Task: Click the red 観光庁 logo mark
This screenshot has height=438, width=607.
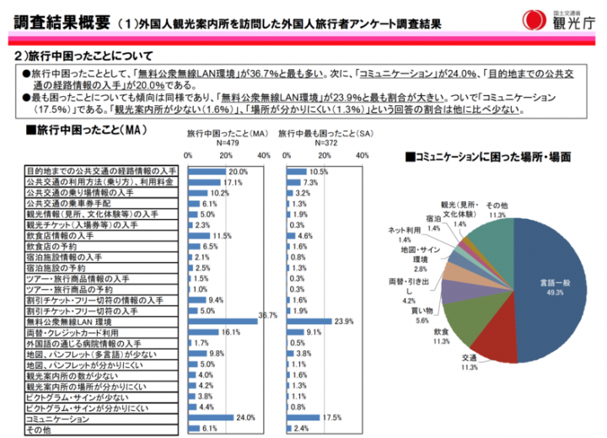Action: tap(533, 19)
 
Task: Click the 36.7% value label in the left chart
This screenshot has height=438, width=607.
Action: tap(267, 315)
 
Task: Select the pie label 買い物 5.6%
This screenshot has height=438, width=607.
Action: tap(422, 314)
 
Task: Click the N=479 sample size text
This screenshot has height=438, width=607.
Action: tap(229, 143)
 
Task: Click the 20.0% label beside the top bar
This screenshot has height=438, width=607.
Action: tap(239, 171)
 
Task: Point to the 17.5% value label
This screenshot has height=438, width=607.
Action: tap(335, 419)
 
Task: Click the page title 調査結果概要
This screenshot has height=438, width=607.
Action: tap(58, 19)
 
